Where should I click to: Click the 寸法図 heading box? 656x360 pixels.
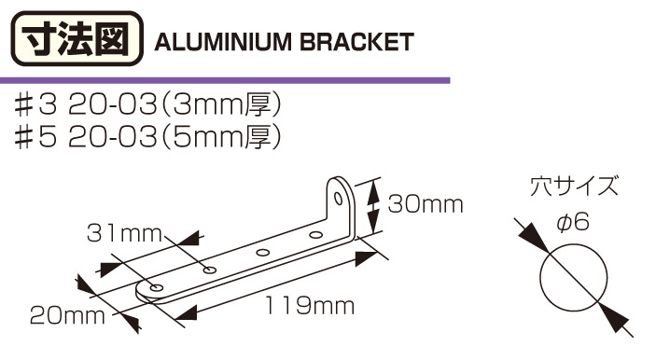click(x=77, y=39)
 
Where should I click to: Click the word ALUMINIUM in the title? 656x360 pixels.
click(x=223, y=42)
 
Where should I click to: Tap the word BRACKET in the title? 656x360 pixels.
click(x=356, y=42)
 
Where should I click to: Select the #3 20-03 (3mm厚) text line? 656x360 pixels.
click(x=147, y=105)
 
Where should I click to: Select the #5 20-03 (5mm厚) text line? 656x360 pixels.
click(x=147, y=137)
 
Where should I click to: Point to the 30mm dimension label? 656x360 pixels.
click(x=426, y=204)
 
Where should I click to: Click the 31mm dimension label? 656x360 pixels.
click(x=124, y=233)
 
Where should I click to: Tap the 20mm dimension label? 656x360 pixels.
click(x=67, y=315)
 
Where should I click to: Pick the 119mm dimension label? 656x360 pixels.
click(x=310, y=306)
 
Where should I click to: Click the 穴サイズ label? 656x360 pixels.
click(x=574, y=187)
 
